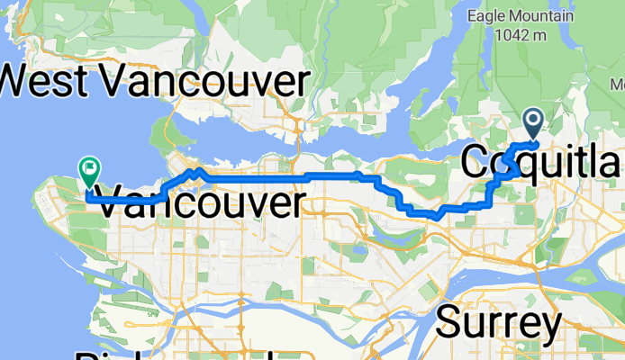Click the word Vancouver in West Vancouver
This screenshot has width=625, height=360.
click(204, 82)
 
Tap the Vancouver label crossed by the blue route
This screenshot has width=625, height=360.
click(198, 202)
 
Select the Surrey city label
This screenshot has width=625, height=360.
click(499, 321)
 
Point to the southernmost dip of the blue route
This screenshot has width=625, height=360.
click(435, 216)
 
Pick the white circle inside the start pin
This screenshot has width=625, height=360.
click(532, 118)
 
